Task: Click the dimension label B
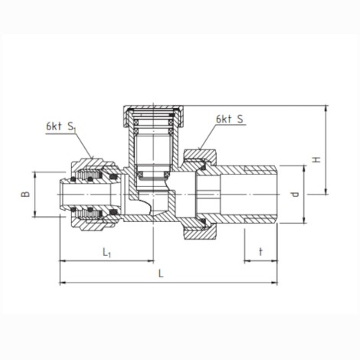tap(25, 195)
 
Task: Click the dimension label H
tap(317, 160)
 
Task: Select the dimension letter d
tap(296, 195)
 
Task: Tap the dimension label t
tap(260, 252)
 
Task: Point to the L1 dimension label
tap(106, 253)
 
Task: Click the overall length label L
tap(161, 273)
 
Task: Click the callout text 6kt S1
tap(61, 127)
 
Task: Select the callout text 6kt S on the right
tap(230, 119)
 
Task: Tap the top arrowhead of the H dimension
tap(326, 108)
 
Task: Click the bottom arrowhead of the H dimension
tap(326, 191)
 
